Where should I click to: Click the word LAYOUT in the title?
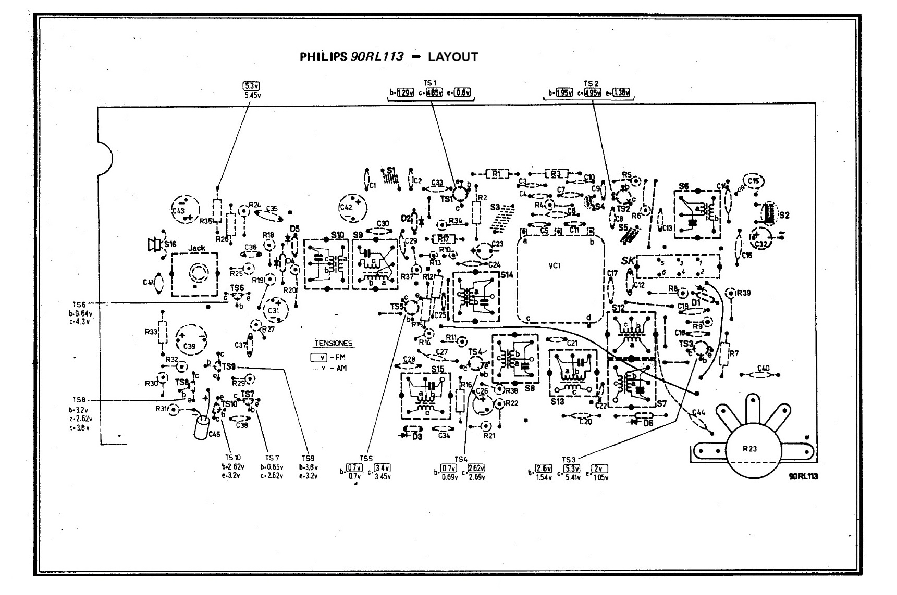tap(452, 57)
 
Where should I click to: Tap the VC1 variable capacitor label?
tap(555, 266)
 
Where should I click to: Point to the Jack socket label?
tap(196, 248)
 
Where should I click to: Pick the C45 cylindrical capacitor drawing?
tap(201, 427)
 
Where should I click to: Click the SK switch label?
tap(627, 261)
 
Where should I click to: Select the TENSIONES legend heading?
tap(334, 344)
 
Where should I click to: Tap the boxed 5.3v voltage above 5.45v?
tap(251, 86)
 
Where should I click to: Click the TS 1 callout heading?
tap(430, 83)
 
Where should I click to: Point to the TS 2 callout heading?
tap(592, 83)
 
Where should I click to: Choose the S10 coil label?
tap(337, 235)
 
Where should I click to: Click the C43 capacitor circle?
tap(185, 210)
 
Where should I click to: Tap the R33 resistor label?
tap(151, 331)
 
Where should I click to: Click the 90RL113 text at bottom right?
tap(803, 476)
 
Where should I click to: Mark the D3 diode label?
tap(416, 437)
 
